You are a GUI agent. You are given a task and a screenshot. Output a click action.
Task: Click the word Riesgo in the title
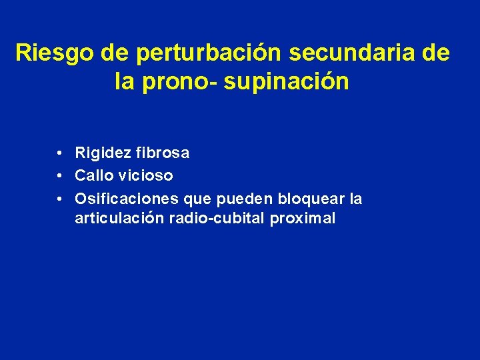47,52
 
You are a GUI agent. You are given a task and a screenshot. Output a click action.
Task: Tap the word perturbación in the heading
185,52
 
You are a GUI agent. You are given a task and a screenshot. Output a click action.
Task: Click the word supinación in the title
287,81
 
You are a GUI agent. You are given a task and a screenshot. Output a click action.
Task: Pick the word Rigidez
103,153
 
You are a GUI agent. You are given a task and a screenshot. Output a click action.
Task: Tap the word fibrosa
162,153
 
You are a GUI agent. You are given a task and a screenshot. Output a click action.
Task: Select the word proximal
303,219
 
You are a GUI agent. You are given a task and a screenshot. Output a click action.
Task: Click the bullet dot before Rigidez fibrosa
60,153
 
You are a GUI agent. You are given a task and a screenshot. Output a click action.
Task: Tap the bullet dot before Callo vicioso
60,176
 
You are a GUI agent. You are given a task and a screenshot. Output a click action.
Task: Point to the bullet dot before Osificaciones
60,199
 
